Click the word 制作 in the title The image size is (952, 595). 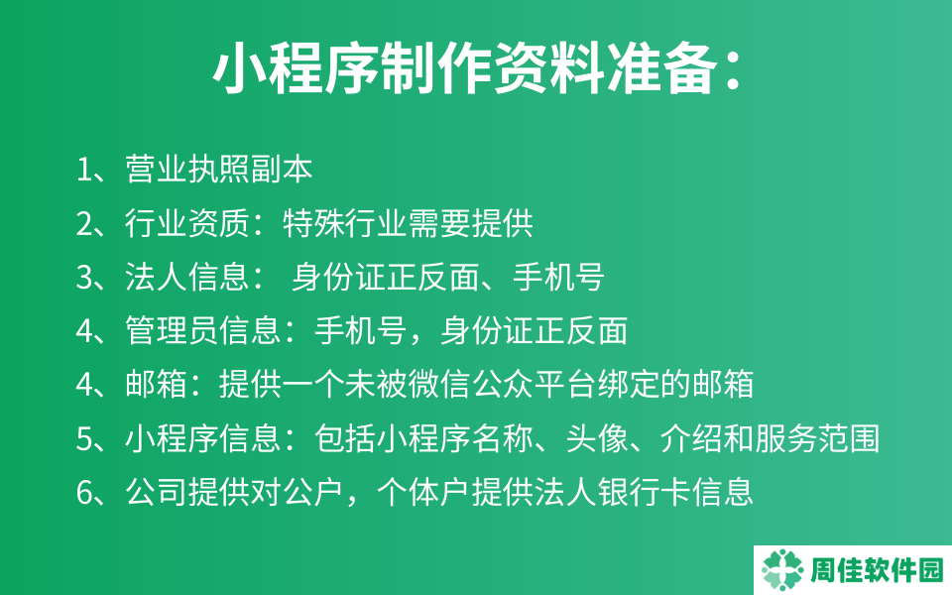[436, 68]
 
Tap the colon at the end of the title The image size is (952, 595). [733, 69]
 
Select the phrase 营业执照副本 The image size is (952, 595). [219, 169]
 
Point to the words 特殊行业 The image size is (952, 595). [345, 223]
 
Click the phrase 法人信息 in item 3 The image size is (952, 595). [187, 277]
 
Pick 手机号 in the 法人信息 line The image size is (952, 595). [558, 277]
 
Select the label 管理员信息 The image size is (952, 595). [203, 330]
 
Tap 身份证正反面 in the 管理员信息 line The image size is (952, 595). [534, 330]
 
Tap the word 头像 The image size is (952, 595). [597, 437]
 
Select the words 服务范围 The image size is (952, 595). [817, 437]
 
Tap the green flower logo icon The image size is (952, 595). [782, 570]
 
